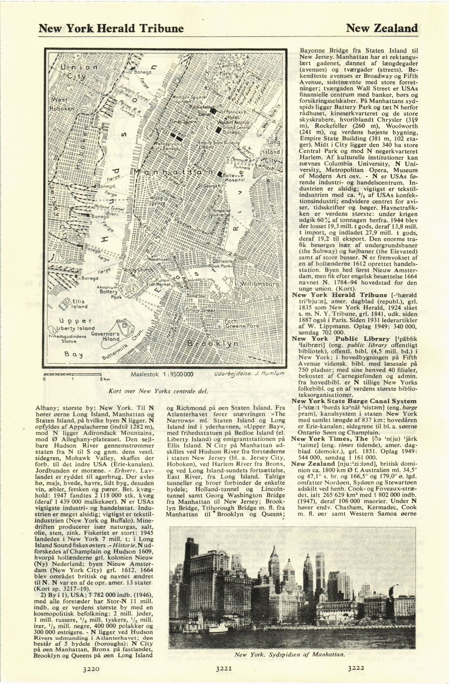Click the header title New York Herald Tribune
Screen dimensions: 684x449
tap(111, 29)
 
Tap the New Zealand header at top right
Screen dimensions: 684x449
tap(382, 29)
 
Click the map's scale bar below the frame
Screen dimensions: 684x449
tap(72, 374)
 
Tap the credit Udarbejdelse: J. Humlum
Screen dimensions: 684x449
tap(249, 374)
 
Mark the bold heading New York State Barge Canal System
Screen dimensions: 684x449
tap(354, 401)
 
